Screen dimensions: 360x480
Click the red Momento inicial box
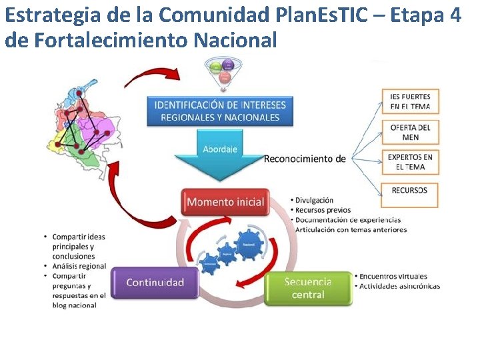click(225, 202)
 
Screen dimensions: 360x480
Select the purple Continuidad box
click(155, 283)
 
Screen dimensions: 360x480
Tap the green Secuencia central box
click(308, 289)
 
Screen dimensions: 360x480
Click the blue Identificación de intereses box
click(220, 111)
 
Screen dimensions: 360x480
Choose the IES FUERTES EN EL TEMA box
click(410, 101)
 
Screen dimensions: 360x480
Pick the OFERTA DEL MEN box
click(410, 132)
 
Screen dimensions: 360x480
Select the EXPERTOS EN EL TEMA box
click(410, 162)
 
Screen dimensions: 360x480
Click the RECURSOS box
click(410, 191)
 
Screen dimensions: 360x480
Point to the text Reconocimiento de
click(305, 159)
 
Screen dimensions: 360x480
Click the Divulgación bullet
click(314, 200)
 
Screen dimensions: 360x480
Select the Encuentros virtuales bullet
click(393, 276)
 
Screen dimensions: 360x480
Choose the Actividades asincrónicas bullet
click(399, 286)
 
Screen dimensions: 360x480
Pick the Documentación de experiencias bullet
click(348, 219)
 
